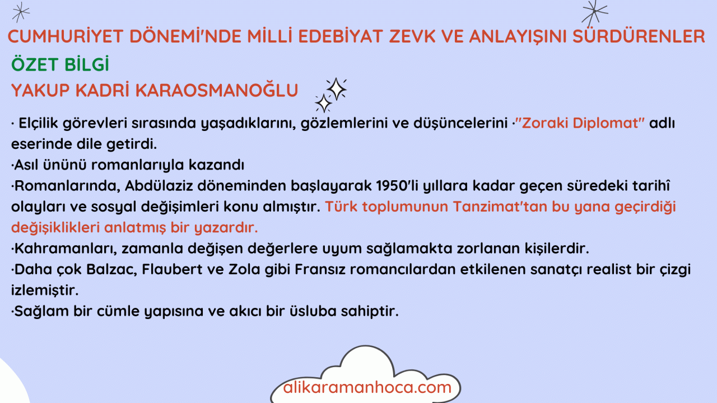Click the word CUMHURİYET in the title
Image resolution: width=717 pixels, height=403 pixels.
coord(66,36)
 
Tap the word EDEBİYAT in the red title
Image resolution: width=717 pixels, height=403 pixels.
coord(341,36)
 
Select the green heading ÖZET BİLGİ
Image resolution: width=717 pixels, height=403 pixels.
coord(60,64)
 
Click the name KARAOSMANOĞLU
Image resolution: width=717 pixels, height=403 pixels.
coord(217,90)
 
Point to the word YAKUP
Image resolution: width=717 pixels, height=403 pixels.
coord(40,90)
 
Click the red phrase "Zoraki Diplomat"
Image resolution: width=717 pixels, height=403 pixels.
coord(580,123)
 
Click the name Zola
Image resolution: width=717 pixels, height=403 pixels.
coord(244,269)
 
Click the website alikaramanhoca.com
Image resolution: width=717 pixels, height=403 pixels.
coord(367,387)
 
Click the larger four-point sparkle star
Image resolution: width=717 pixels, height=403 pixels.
coord(337,89)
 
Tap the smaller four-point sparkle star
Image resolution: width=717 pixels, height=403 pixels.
coord(323,104)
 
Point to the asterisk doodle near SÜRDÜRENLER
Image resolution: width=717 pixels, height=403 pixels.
coord(594,13)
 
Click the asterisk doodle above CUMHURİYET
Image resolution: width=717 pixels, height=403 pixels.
coord(21,12)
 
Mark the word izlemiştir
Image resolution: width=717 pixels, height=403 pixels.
coord(45,290)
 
